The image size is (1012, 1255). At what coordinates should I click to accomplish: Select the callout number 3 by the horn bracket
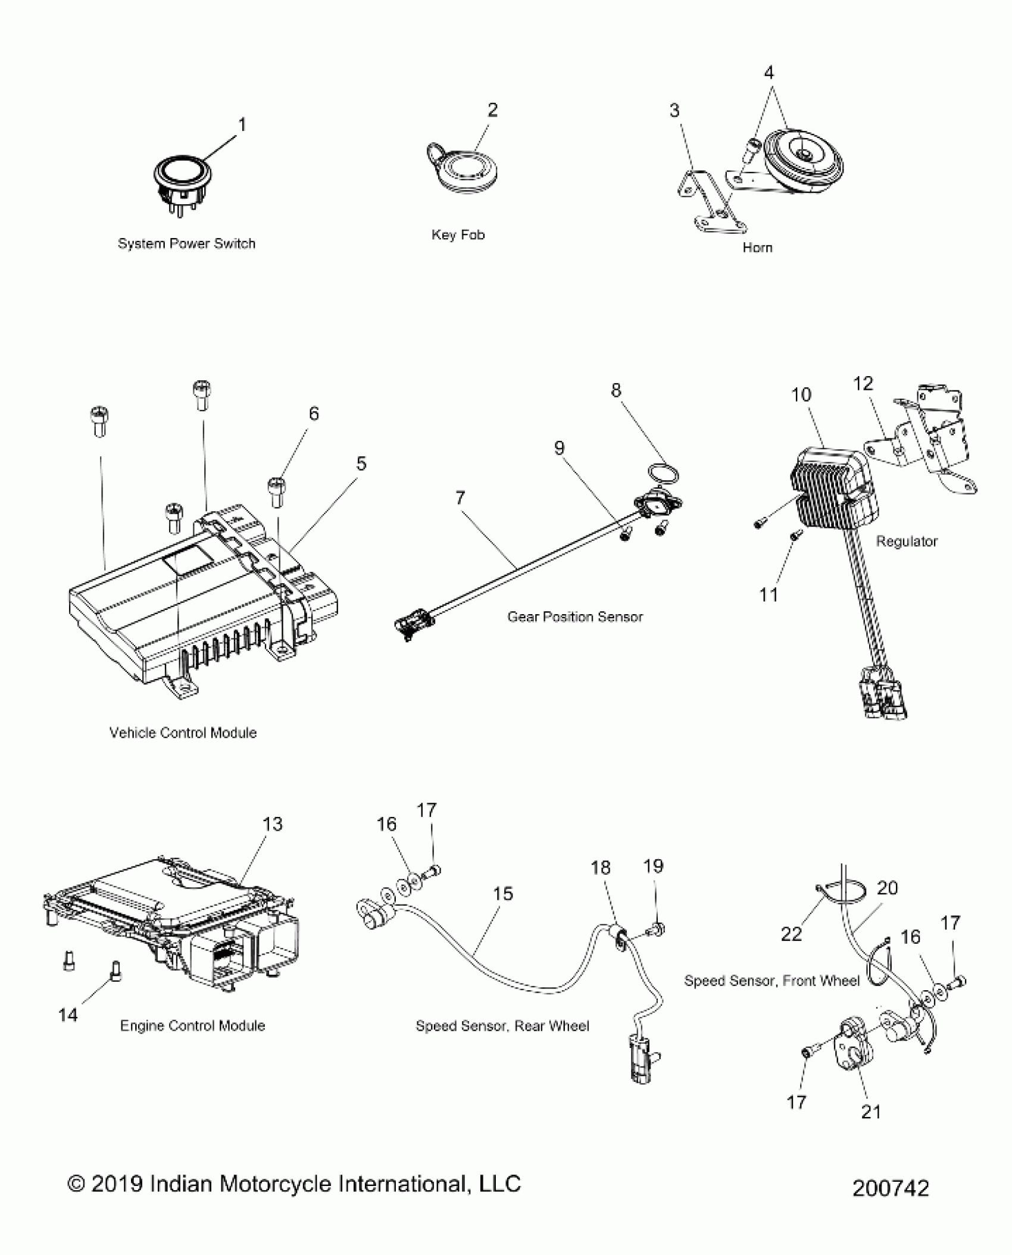(674, 111)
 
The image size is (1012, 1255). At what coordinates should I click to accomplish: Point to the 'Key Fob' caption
(458, 235)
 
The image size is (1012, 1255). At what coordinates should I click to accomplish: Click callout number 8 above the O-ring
(616, 390)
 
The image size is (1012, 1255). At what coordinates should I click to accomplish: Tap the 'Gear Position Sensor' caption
(574, 617)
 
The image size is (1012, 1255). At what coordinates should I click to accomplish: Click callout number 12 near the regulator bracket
(863, 384)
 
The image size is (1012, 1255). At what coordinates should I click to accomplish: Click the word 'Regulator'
(906, 542)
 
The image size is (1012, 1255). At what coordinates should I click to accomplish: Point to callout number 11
(769, 595)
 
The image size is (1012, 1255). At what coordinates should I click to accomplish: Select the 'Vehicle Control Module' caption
(183, 733)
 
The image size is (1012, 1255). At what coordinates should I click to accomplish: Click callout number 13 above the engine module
(272, 824)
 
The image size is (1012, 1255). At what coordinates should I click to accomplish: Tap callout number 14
(68, 1015)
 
